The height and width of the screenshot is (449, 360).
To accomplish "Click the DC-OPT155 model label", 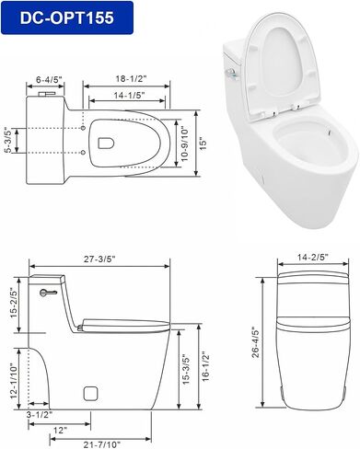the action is tap(67, 17).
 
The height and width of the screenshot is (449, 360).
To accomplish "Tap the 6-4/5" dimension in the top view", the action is tap(49, 80).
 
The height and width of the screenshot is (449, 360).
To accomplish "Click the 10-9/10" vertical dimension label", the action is tap(185, 144).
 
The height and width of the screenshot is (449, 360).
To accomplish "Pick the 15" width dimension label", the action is tap(203, 144).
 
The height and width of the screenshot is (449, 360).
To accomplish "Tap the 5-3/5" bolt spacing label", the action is tap(7, 140).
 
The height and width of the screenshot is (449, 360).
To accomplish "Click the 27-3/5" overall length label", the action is tap(99, 259).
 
